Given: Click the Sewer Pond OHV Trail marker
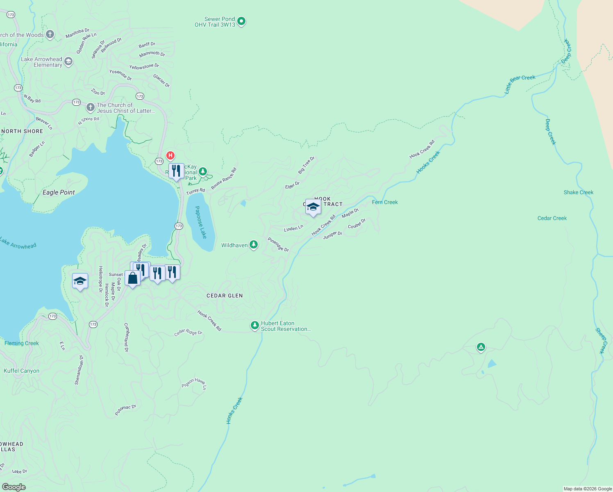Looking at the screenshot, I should pyautogui.click(x=241, y=21).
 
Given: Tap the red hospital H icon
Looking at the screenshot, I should pyautogui.click(x=170, y=155).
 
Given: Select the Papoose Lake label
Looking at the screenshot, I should pyautogui.click(x=200, y=222).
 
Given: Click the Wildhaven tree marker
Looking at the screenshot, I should pyautogui.click(x=254, y=245).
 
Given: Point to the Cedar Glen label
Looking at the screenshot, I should pyautogui.click(x=225, y=296).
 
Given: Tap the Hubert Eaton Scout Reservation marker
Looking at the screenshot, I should pyautogui.click(x=255, y=325).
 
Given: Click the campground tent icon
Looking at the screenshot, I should pyautogui.click(x=481, y=347).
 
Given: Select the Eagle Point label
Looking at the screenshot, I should pyautogui.click(x=59, y=192).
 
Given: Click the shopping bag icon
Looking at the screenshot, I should pyautogui.click(x=132, y=278).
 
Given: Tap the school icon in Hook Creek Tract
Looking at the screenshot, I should pyautogui.click(x=313, y=207).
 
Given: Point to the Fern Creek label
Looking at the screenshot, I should pyautogui.click(x=385, y=202).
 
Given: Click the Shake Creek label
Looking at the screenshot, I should pyautogui.click(x=578, y=192).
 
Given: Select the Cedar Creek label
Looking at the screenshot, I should pyautogui.click(x=552, y=218).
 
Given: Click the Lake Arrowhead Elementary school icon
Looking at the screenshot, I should pyautogui.click(x=68, y=61).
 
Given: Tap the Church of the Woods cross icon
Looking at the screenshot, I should pyautogui.click(x=50, y=34).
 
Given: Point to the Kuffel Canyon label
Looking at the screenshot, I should pyautogui.click(x=22, y=371).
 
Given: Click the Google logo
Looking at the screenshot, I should pyautogui.click(x=14, y=487).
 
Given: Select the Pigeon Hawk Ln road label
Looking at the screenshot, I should pyautogui.click(x=194, y=383).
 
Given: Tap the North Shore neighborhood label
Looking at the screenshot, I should pyautogui.click(x=22, y=131).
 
